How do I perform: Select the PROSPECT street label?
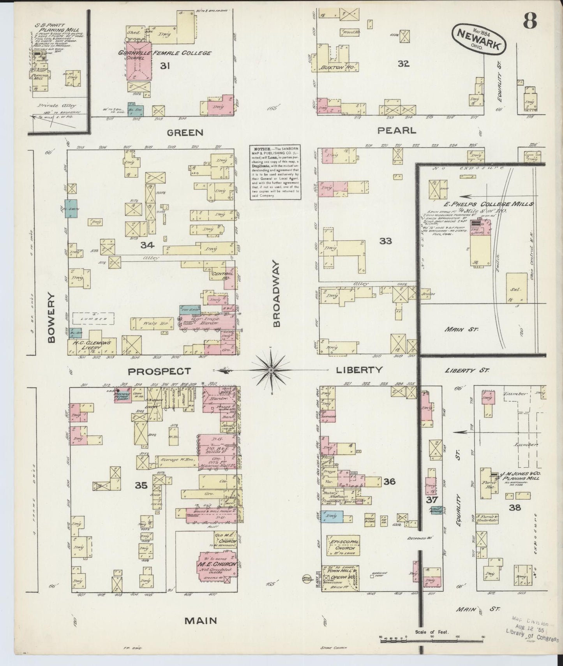pyautogui.click(x=159, y=371)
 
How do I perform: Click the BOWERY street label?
pyautogui.click(x=51, y=318)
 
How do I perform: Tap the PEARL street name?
pyautogui.click(x=397, y=130)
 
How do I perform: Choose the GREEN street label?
pyautogui.click(x=185, y=133)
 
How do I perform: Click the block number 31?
pyautogui.click(x=165, y=66)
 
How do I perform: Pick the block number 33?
pyautogui.click(x=385, y=241)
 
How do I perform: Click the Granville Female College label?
pyautogui.click(x=166, y=53)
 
